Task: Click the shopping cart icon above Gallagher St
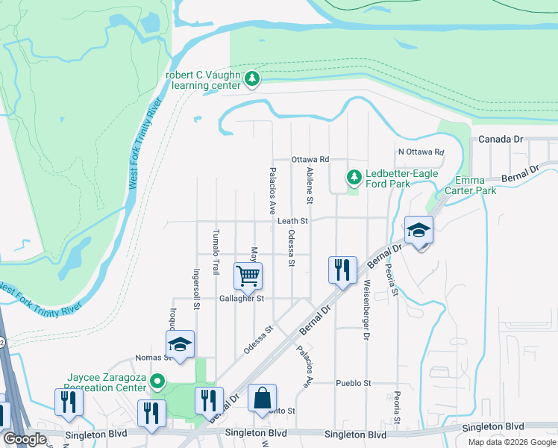(x=248, y=275)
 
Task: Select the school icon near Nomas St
(x=180, y=344)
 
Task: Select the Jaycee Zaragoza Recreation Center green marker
(x=157, y=382)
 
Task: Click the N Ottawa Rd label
(x=421, y=152)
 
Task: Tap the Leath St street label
(x=293, y=221)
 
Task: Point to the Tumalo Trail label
(x=216, y=252)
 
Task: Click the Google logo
(x=25, y=439)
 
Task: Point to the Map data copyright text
(x=511, y=442)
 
